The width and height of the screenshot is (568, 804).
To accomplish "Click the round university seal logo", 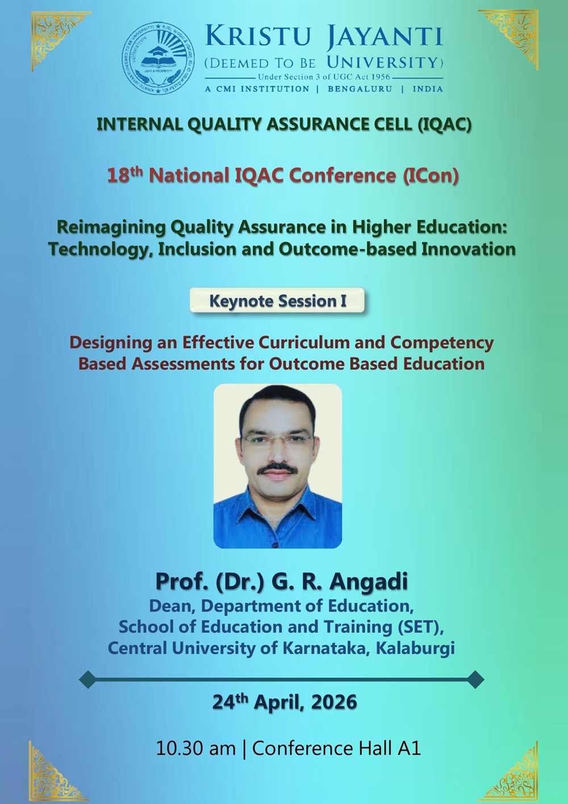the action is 158,58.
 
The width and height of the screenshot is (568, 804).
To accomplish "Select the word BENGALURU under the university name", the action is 360,89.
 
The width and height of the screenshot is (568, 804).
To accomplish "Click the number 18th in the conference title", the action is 125,175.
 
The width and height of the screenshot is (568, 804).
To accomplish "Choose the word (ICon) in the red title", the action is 431,176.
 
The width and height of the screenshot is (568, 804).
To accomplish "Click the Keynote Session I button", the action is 277,301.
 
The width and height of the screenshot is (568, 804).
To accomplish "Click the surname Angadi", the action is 369,581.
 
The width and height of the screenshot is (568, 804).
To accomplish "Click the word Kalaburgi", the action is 416,648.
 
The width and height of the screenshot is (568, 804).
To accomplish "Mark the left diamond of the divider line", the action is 88,680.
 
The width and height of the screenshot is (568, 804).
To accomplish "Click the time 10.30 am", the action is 196,749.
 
